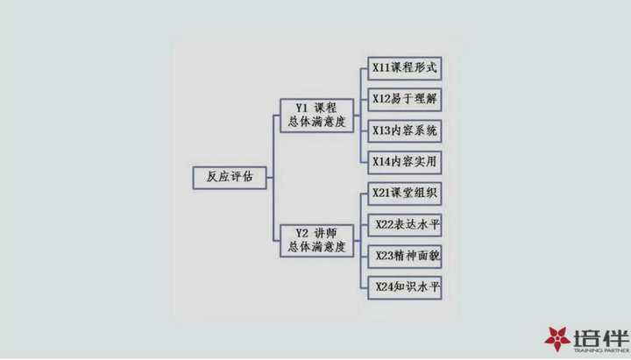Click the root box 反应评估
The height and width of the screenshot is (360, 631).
point(230,178)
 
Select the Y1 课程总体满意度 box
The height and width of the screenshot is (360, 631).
point(316,116)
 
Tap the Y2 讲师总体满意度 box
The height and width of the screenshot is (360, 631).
point(316,241)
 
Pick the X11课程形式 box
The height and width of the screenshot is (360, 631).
point(404,68)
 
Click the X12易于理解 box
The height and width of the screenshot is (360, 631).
point(404,100)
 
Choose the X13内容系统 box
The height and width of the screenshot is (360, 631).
point(404,131)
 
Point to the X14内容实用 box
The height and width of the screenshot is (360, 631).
point(404,163)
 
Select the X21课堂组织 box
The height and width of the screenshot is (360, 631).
point(404,194)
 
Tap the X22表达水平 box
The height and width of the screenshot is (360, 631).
point(404,225)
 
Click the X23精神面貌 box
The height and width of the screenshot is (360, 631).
point(404,257)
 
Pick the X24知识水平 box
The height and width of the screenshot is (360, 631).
point(404,287)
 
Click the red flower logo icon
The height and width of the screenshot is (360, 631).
point(557,339)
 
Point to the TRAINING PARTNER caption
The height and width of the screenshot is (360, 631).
point(601,350)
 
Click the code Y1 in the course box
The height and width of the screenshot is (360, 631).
point(301,109)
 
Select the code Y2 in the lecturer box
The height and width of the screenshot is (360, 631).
point(301,234)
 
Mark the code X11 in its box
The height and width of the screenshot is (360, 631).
point(381,67)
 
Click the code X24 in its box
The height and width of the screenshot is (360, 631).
point(385,286)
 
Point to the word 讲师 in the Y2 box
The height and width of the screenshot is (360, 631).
point(325,234)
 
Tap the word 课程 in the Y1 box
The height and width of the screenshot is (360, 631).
point(325,109)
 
